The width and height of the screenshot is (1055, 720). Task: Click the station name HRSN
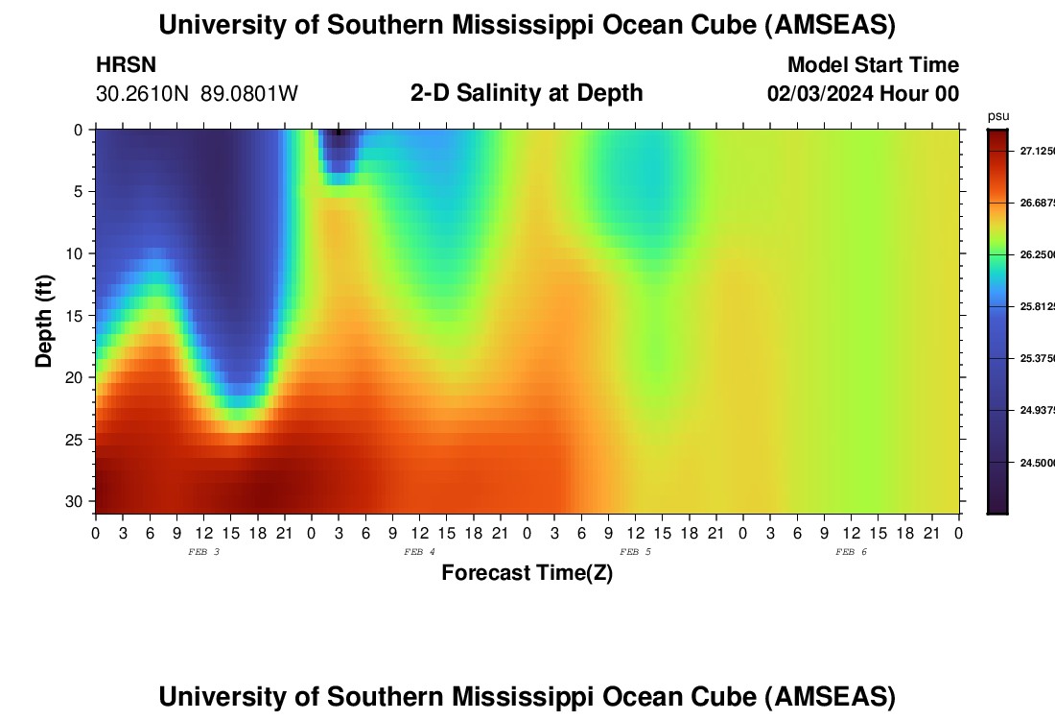[126, 65]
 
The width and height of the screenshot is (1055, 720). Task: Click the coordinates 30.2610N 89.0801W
[197, 94]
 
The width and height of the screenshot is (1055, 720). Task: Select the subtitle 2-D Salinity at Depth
[527, 93]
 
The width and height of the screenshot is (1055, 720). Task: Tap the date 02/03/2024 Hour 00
[863, 94]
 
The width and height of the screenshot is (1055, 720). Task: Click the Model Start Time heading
[873, 65]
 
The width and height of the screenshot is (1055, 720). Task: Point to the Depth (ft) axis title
[44, 320]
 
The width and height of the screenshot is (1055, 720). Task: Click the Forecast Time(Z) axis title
[527, 573]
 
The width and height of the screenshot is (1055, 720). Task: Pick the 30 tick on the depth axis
[77, 502]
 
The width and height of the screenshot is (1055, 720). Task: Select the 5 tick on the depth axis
[81, 191]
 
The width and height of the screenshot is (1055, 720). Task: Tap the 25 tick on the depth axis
[77, 440]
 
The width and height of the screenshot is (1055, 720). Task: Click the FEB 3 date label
[203, 552]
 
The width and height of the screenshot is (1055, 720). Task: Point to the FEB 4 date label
[419, 552]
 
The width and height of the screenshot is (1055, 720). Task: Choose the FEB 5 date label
[635, 552]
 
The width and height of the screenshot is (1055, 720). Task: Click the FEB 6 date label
[851, 552]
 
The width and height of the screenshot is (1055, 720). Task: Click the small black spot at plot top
[338, 132]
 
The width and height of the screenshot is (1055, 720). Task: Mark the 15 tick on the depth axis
[77, 316]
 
